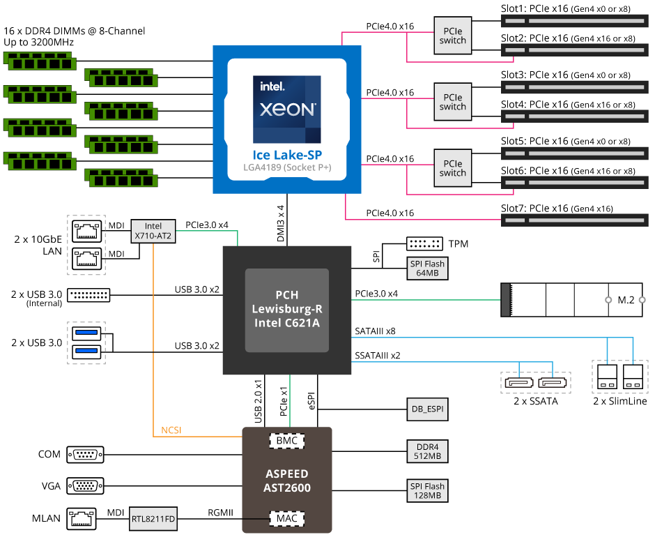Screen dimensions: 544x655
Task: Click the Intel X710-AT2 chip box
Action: (153, 232)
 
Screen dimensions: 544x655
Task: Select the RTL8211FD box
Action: (153, 518)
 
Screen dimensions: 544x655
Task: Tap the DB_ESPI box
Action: (426, 409)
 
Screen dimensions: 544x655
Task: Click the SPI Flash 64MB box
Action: (426, 268)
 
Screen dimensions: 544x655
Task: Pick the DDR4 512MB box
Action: (426, 451)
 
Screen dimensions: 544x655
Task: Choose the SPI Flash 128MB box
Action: (426, 490)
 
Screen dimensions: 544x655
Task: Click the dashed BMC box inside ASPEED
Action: (286, 441)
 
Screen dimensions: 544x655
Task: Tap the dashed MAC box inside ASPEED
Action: (286, 518)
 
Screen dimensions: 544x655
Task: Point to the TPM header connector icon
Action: (424, 244)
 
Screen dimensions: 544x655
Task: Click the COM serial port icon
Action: (85, 455)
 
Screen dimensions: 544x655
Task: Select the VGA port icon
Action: (85, 486)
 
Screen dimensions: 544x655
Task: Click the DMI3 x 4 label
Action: (281, 223)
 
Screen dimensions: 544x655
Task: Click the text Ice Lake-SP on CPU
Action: (286, 155)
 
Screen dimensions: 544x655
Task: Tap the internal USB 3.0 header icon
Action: (88, 294)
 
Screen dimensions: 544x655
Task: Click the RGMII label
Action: (220, 512)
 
